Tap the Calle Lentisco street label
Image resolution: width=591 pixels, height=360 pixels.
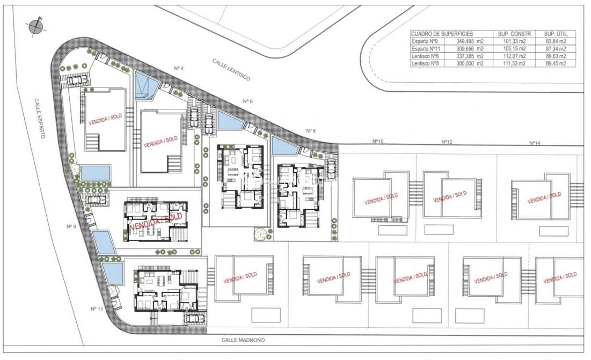231,70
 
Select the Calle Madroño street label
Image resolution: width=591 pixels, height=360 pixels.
243,340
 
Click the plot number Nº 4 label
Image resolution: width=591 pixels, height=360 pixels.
179,68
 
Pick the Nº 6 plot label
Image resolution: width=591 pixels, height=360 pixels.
247,101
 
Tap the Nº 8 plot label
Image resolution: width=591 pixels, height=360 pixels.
311,130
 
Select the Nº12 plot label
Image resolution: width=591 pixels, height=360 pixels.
447,142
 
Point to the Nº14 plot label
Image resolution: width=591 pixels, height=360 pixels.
534,143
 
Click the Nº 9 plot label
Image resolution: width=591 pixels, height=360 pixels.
71,226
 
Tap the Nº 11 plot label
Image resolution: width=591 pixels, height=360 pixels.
97,308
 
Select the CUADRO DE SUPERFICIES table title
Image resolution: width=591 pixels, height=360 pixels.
442,33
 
